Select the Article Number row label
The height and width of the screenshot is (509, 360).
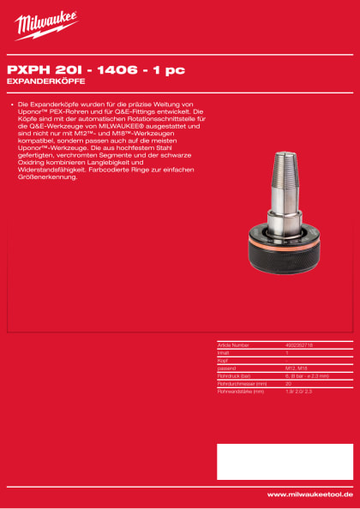pyautogui.click(x=233, y=345)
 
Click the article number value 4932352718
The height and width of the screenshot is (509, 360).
pyautogui.click(x=300, y=345)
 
